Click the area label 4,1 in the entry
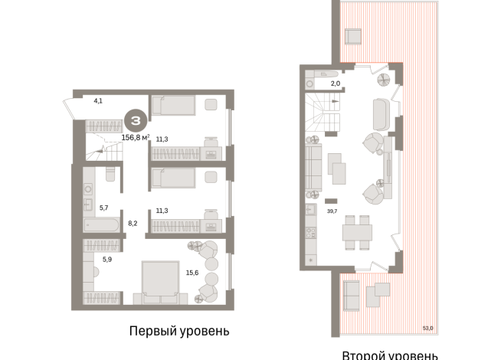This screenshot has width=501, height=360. (97, 100)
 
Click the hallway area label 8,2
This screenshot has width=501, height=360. (132, 224)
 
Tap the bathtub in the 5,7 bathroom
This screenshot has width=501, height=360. (100, 225)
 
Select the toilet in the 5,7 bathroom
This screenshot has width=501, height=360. (110, 175)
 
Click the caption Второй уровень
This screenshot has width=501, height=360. (390, 355)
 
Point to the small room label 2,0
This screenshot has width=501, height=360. (335, 84)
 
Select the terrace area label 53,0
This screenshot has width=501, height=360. (427, 328)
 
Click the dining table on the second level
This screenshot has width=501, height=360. (357, 231)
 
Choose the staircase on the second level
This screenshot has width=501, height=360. (323, 115)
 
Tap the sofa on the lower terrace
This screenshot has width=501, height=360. (352, 294)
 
